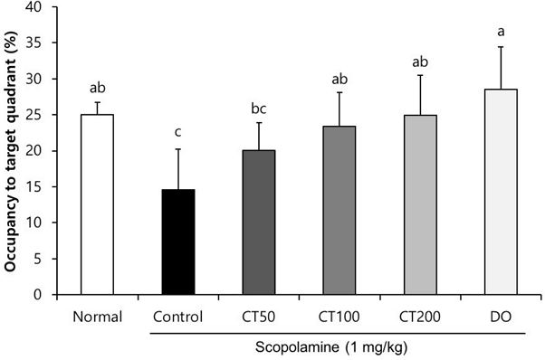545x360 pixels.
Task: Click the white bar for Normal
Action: pos(97,204)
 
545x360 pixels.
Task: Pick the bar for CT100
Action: pos(339,210)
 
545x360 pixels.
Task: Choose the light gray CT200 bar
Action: pos(420,204)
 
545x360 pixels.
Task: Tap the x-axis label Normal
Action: pos(97,316)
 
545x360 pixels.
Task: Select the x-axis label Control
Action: pos(177,316)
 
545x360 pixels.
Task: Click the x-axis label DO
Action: pos(501,316)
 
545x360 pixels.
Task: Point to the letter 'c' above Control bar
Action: pos(177,132)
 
